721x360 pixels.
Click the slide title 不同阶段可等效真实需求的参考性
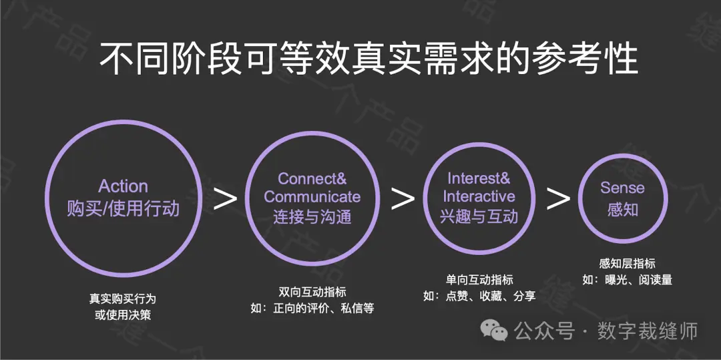click(369, 59)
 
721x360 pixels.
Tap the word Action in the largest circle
click(124, 186)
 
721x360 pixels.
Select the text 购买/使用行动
click(124, 209)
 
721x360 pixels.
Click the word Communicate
click(312, 197)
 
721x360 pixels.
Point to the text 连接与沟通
click(312, 216)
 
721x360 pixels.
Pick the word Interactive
click(479, 196)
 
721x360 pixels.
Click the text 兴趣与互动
click(479, 215)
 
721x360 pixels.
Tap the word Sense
click(623, 188)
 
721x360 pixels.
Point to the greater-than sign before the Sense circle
click(558, 198)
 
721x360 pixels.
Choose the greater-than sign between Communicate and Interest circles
click(403, 198)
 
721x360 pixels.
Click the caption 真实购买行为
click(123, 299)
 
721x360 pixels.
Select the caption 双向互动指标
click(312, 291)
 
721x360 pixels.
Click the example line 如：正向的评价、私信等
click(312, 308)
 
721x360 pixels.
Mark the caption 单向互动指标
click(479, 280)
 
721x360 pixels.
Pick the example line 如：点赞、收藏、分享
click(479, 296)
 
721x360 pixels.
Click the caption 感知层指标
click(627, 263)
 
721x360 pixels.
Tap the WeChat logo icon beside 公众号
click(494, 330)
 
